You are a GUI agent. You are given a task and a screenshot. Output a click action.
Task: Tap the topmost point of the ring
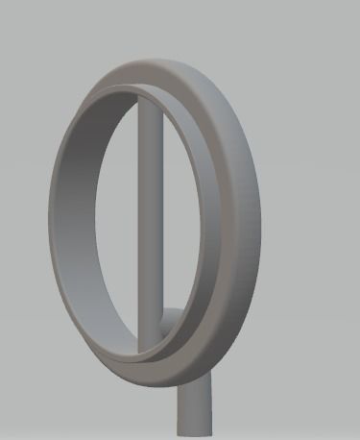coord(154,56)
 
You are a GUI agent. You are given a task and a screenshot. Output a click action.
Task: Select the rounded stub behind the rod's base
coord(171,322)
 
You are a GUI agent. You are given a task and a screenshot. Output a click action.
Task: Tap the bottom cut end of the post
coord(195,434)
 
